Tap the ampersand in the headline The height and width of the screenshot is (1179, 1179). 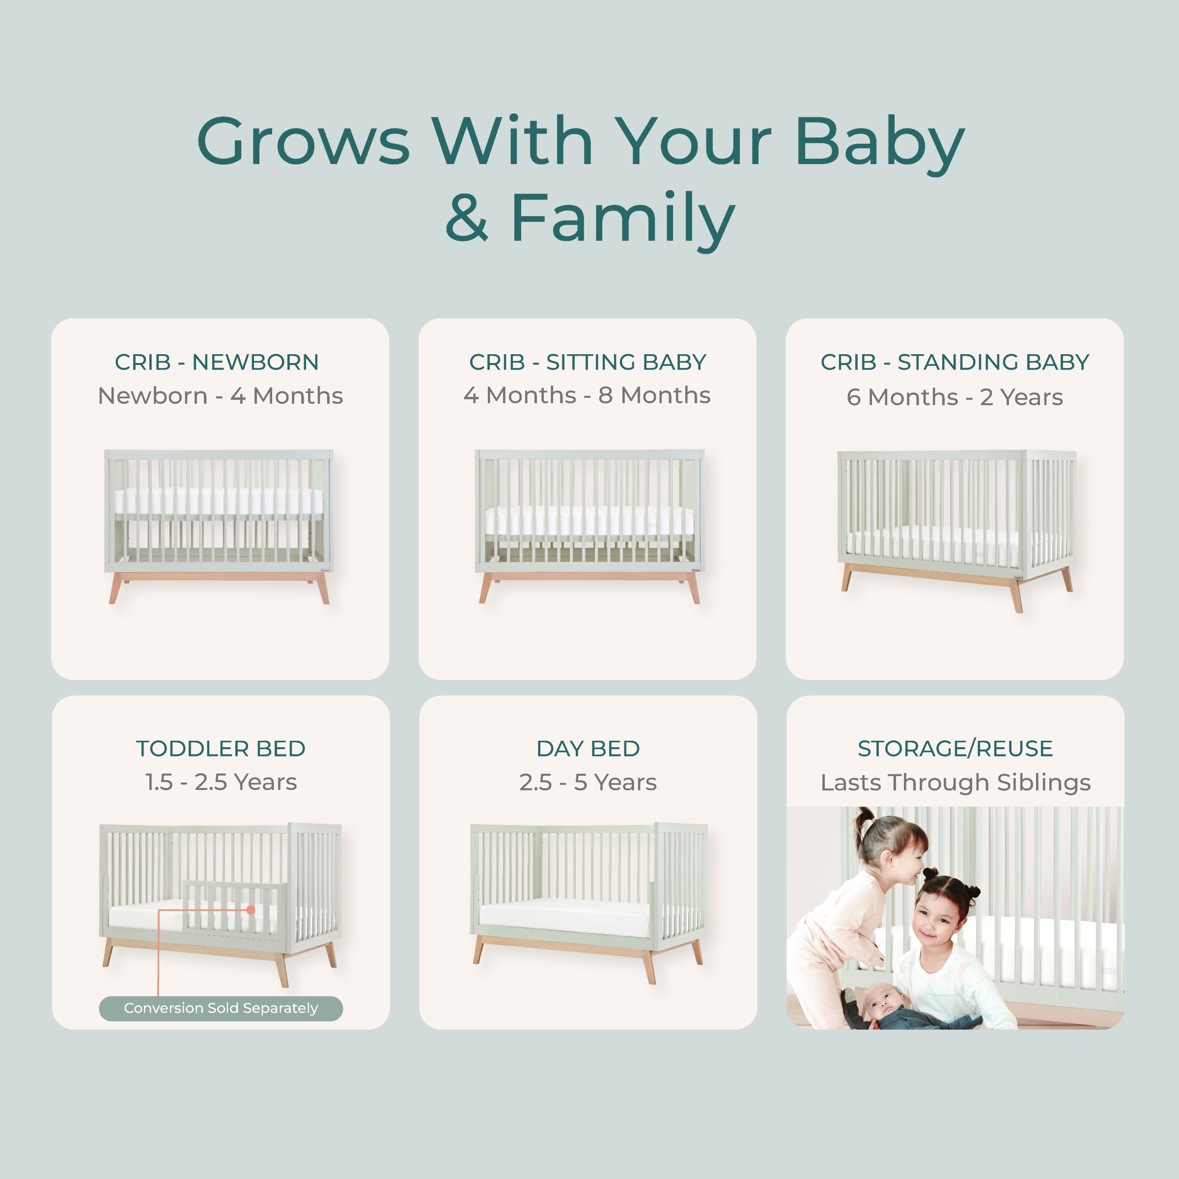(x=467, y=218)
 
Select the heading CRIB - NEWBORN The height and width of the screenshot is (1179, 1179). (x=217, y=363)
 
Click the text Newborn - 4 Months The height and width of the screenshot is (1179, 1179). (x=220, y=396)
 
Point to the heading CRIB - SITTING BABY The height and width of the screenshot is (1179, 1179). (x=587, y=363)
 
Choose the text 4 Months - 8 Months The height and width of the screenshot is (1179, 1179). (x=587, y=395)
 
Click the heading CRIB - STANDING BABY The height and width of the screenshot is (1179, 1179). (x=954, y=363)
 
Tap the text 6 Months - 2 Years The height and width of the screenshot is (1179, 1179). (x=954, y=397)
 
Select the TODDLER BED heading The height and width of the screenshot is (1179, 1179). (x=220, y=749)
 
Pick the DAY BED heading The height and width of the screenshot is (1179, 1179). (x=588, y=749)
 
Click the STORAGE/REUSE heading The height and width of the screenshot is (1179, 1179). (x=955, y=749)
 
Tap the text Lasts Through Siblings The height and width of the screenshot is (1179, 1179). (x=955, y=783)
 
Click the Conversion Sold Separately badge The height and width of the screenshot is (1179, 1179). (x=221, y=1008)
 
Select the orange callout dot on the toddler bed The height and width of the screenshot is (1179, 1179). (x=250, y=910)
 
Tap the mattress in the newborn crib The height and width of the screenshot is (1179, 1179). (x=219, y=501)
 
